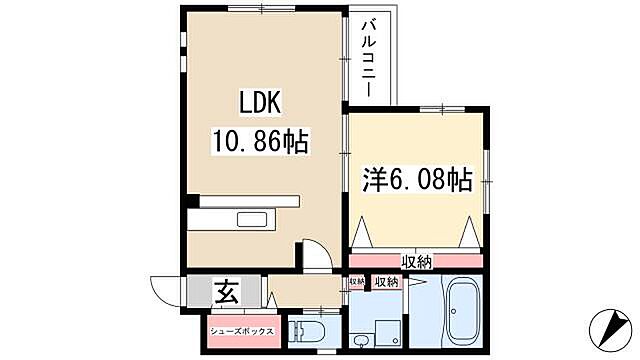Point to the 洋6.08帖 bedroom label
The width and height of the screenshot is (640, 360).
coord(417,181)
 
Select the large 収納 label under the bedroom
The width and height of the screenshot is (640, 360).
coord(418,262)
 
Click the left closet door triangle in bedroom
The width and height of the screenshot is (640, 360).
coord(362,236)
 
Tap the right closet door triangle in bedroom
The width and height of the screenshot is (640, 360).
coord(470,236)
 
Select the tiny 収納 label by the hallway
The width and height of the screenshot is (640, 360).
coord(357,283)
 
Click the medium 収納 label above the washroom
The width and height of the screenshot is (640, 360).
coord(386,283)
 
